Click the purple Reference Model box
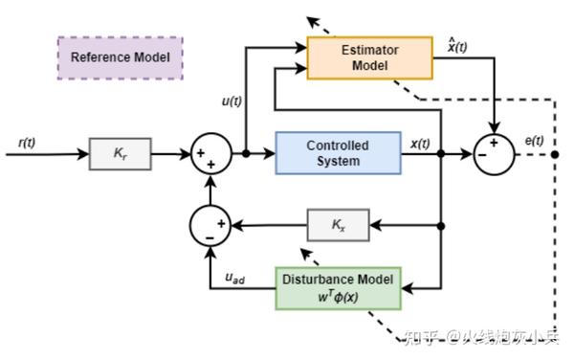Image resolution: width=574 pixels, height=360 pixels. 121,57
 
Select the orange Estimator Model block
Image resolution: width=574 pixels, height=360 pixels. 369,56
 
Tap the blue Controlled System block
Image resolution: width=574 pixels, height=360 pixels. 338,153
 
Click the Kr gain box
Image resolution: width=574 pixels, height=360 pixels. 120,153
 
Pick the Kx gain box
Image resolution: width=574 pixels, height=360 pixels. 338,226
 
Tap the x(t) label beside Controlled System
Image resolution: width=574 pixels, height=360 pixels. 420,144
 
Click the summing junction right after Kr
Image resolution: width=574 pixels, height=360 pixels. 212,153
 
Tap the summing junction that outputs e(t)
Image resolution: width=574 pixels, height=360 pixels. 495,153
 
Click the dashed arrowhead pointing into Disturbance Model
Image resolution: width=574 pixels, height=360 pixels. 305,253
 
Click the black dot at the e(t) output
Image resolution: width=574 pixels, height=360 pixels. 554,153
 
